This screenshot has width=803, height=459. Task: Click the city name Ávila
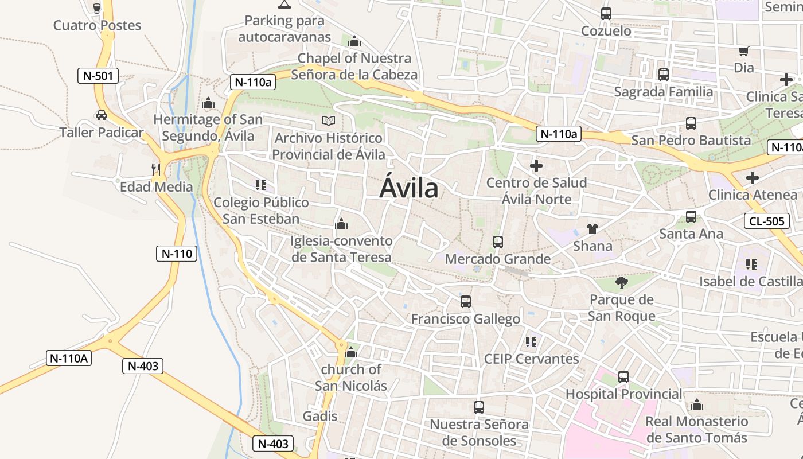(409, 188)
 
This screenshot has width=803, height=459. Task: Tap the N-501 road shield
(98, 76)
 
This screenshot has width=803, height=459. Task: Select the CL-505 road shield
(769, 221)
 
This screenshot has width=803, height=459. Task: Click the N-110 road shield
(177, 254)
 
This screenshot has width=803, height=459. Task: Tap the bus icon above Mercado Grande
(498, 242)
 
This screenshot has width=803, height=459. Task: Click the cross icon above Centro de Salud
(536, 166)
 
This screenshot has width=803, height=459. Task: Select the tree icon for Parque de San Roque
(621, 282)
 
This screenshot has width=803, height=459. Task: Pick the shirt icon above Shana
(592, 229)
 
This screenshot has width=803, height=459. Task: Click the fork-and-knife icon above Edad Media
(155, 169)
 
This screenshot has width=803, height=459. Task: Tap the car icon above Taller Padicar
(102, 115)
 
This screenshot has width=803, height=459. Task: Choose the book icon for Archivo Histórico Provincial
(328, 120)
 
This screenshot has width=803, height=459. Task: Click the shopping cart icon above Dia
(744, 51)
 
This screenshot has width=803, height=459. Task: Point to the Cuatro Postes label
(97, 25)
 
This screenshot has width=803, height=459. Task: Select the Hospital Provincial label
(623, 394)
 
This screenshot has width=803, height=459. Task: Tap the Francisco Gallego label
(466, 319)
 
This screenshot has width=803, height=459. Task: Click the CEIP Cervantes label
(531, 359)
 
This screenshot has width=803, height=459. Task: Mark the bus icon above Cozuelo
(606, 14)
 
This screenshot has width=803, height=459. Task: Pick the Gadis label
(320, 416)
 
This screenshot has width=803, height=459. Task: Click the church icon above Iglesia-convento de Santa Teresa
(341, 224)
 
